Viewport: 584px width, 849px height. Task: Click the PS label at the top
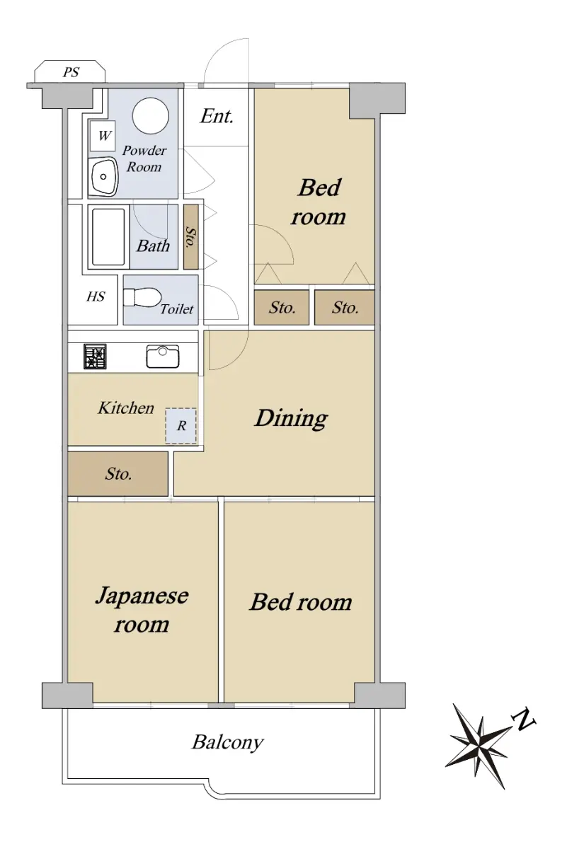[71, 72]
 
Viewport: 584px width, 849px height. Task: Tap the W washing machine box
[103, 136]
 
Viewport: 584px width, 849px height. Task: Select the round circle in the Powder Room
[151, 115]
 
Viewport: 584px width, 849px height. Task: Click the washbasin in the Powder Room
[103, 177]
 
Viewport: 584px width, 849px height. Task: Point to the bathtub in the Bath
[108, 236]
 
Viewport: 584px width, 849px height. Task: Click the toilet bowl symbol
[142, 298]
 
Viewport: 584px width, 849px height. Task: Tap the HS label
[96, 296]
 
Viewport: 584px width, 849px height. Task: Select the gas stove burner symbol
[95, 357]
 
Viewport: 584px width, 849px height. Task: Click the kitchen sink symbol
[163, 357]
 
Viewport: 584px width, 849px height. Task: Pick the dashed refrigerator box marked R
[181, 426]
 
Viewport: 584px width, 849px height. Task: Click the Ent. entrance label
[217, 116]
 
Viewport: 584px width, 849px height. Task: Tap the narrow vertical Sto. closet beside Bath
[190, 237]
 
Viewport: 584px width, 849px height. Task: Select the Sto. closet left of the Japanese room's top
[118, 474]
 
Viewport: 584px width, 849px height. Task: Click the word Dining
[291, 419]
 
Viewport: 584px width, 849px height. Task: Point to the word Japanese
[142, 596]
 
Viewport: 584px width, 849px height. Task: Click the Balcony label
[227, 742]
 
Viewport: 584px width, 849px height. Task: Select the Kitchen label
[126, 408]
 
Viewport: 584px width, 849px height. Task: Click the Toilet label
[177, 309]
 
